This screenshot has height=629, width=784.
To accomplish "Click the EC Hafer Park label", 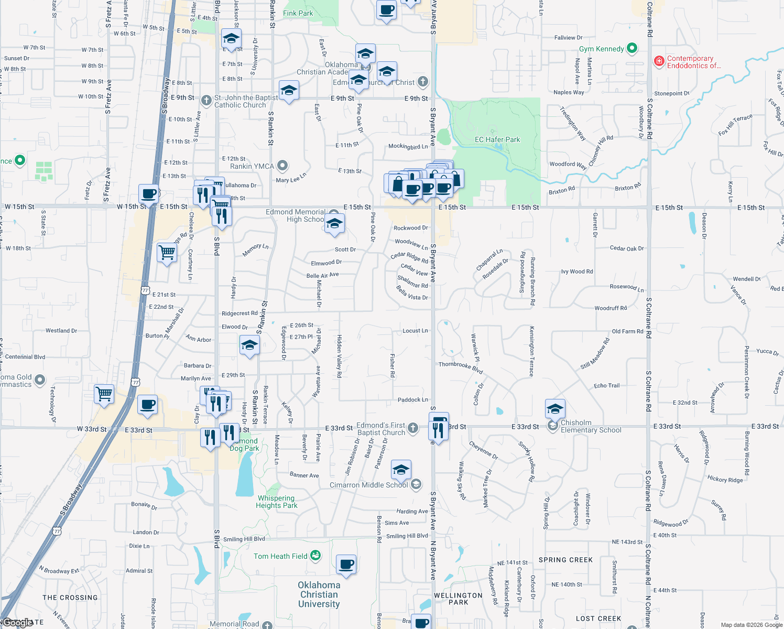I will coord(497,139).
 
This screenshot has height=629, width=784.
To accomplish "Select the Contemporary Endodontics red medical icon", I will coord(659,62).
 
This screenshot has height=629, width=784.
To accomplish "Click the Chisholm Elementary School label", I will coord(591,426).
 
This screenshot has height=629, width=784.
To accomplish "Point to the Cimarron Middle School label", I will coord(368,485).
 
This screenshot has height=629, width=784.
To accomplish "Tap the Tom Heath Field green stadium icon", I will coord(315,556).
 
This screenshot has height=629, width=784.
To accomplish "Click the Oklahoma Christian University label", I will coord(319,594).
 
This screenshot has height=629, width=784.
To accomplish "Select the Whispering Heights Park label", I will coord(276,502).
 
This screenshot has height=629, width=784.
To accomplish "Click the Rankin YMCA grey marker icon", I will coord(282,166).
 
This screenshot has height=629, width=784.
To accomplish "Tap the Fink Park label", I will coord(298,13).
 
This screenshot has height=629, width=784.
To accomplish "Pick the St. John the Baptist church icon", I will coord(206,100).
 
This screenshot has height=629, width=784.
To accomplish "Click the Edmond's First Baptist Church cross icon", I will coord(413,428).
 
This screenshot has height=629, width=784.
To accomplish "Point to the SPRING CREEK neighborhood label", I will coord(565,560).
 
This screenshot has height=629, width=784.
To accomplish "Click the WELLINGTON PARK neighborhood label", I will coord(458,599).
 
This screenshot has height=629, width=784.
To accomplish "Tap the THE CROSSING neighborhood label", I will coord(70,598).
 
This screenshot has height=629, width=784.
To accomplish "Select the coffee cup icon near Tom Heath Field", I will coord(346,565).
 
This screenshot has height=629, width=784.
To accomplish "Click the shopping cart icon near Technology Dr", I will coord(104,393).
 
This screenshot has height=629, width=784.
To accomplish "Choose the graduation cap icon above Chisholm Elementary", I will coord(555,408).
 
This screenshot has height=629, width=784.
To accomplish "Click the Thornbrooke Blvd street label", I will coord(460,367).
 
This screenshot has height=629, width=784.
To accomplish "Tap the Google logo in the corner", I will coord(18,623).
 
